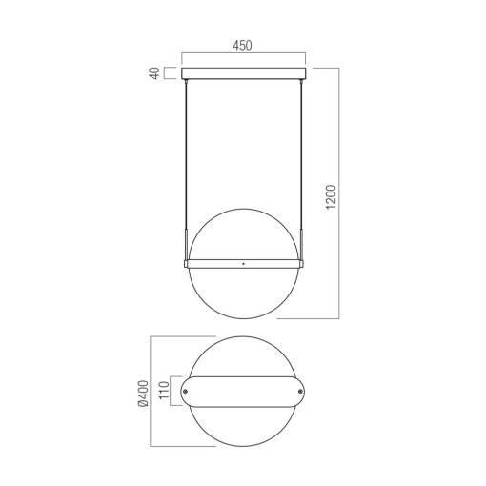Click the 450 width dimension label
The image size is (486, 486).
[x=242, y=46]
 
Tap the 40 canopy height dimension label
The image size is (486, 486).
[x=154, y=73]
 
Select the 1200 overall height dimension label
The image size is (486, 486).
[x=331, y=196]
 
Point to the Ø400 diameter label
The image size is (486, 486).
[x=143, y=394]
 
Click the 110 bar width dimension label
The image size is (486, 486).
[x=163, y=391]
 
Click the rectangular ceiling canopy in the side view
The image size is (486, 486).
[x=243, y=73]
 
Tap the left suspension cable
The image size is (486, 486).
[x=186, y=155]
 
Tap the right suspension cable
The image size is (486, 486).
[x=300, y=155]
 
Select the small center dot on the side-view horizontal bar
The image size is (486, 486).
[x=243, y=263]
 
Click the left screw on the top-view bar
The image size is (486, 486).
[x=185, y=392]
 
